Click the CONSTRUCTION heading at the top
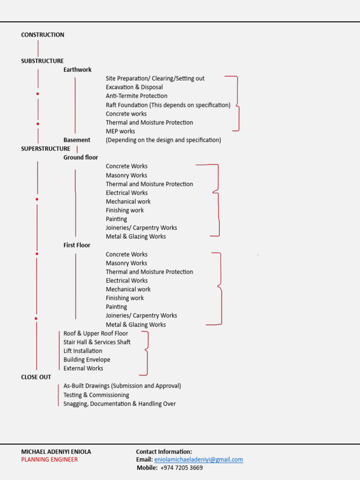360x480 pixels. coord(43,35)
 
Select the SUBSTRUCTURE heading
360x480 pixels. coord(42,61)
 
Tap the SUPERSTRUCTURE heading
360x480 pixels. coord(45,149)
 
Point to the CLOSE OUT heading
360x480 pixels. coord(36,377)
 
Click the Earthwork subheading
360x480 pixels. coord(78,70)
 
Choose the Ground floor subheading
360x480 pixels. coord(81,157)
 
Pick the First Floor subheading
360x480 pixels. coord(77,245)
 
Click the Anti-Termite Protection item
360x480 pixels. coord(136,96)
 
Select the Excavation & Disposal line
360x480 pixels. coord(135,87)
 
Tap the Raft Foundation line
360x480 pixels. coord(168,105)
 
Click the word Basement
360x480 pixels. coord(77,140)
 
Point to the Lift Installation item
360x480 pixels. coord(83,351)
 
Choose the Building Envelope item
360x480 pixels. coord(87,360)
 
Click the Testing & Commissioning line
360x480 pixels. coord(96,395)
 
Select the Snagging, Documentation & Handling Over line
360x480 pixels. coord(120,404)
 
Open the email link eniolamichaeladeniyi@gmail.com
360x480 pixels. coord(199,460)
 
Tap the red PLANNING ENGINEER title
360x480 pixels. coord(49,459)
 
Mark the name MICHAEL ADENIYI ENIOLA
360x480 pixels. coord(56,452)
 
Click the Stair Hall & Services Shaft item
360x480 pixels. coord(97,342)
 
